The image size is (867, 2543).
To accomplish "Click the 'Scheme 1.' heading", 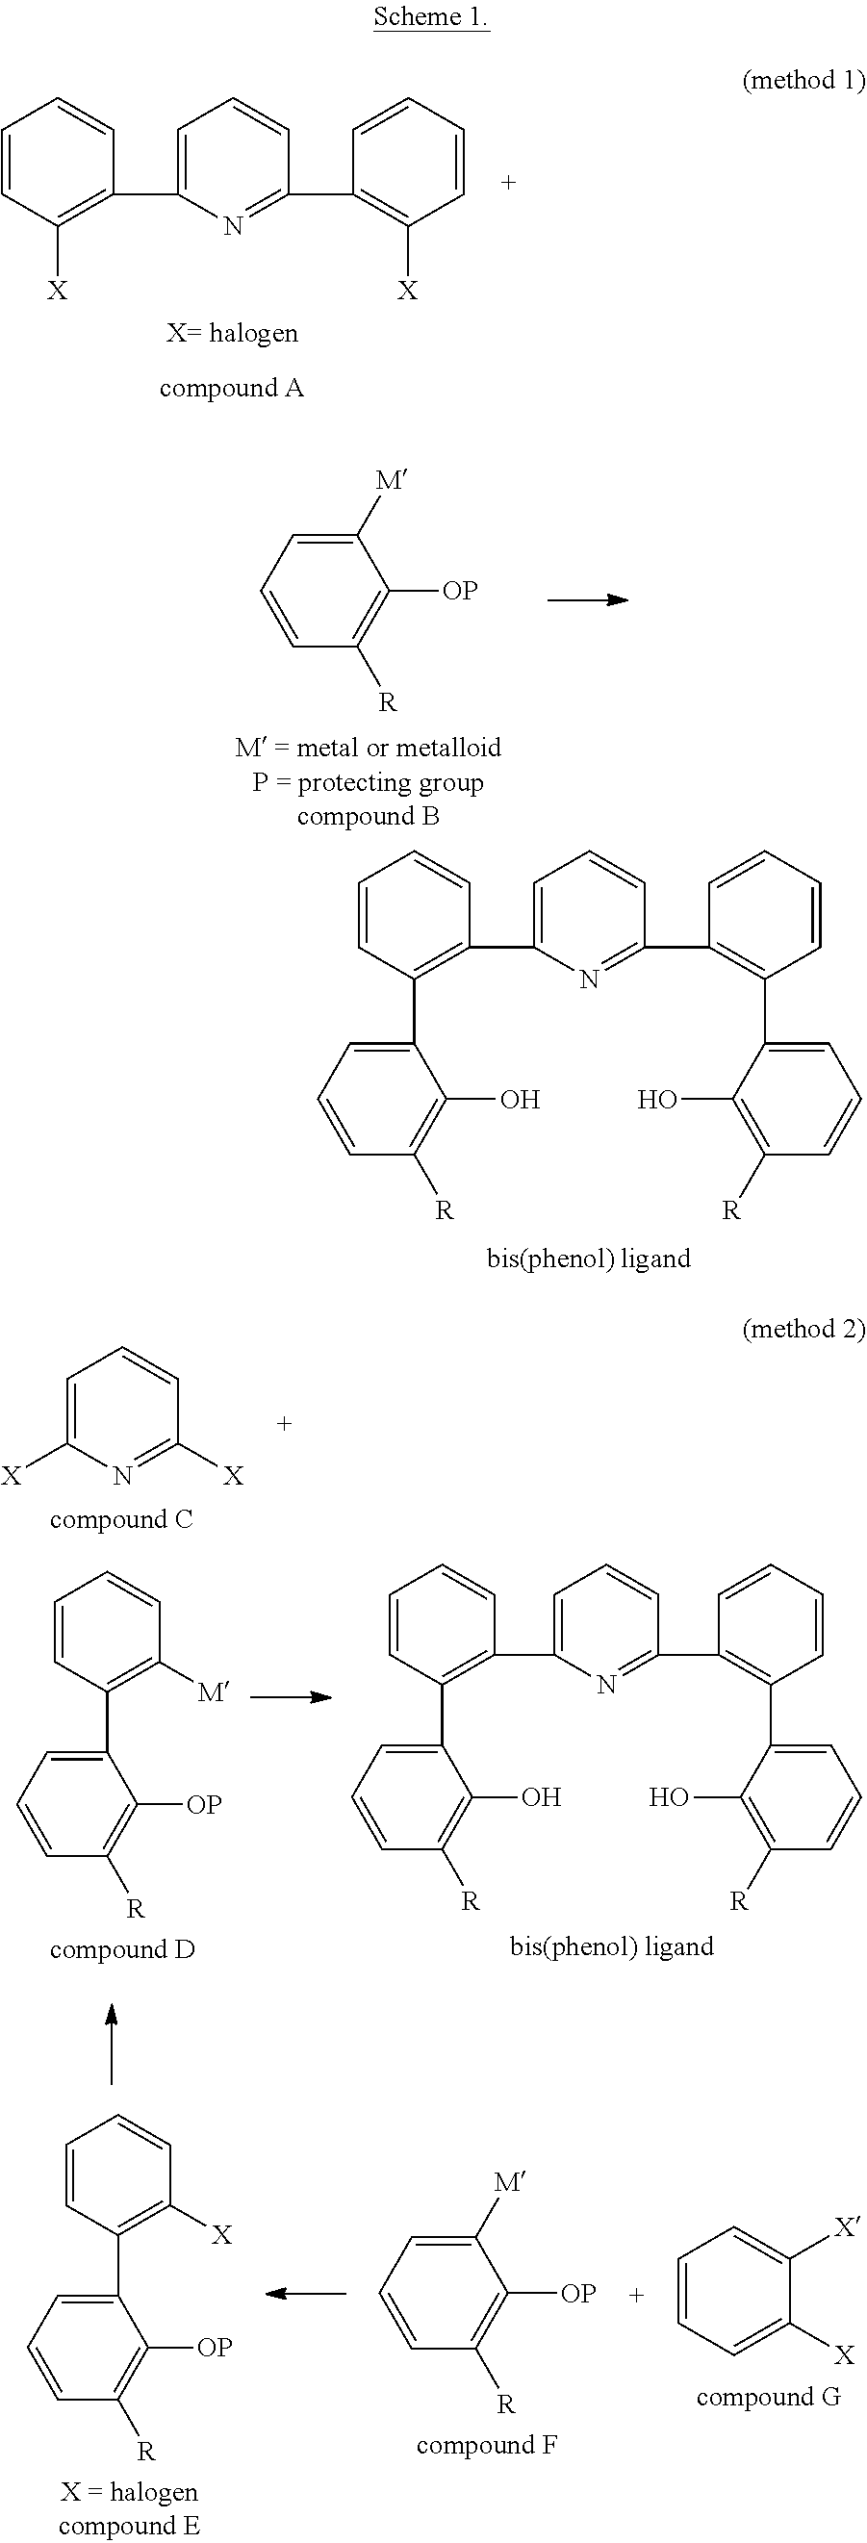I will tap(431, 16).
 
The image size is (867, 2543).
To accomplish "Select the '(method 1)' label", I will tap(803, 80).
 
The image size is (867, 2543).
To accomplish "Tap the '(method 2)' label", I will tap(803, 1329).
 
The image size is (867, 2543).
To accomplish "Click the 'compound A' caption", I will tap(231, 388).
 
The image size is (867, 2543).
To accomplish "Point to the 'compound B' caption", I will tap(369, 817).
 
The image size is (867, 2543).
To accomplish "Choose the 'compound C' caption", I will tap(121, 1519).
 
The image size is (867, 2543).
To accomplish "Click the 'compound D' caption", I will tap(122, 1949).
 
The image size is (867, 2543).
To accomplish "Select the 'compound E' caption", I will tap(129, 2527).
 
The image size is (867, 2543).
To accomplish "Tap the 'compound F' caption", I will tap(487, 2445).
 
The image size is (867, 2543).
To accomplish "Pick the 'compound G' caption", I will tap(768, 2398).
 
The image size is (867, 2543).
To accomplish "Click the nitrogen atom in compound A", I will tap(233, 226).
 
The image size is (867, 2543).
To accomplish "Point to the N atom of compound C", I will tap(122, 1477).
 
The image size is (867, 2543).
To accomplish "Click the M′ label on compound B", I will tap(391, 481).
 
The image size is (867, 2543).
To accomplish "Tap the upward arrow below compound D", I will tap(112, 2043).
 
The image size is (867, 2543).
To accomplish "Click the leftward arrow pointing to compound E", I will tap(306, 2293).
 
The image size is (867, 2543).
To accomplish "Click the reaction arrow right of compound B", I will tap(588, 599).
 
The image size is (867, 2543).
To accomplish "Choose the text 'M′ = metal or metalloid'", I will tap(369, 748).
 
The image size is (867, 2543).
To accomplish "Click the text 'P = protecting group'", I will tap(368, 783).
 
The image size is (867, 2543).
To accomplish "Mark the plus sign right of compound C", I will tap(285, 1424).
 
